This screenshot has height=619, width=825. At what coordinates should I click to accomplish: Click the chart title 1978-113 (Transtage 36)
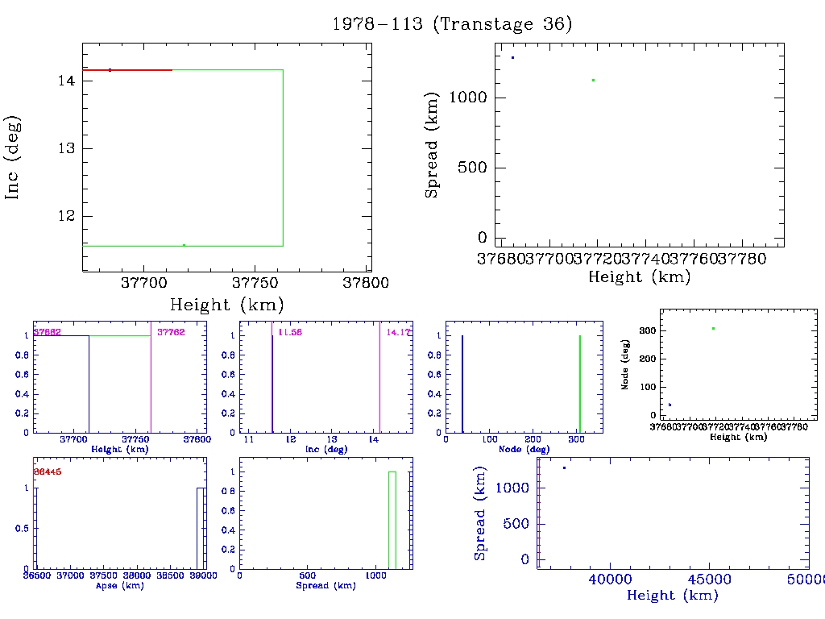click(452, 24)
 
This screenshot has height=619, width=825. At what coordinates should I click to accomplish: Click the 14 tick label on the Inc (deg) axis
click(66, 81)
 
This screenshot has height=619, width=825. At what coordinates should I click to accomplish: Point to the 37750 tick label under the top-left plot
click(255, 284)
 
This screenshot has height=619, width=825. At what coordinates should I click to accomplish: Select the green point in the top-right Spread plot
click(593, 80)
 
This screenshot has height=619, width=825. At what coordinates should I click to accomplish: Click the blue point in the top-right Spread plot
click(512, 57)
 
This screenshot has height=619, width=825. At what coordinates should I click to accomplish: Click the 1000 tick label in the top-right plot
click(468, 98)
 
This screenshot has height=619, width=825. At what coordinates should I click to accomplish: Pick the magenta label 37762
click(172, 332)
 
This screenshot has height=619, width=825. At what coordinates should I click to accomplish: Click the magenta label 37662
click(47, 332)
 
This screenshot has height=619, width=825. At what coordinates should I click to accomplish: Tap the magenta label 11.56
click(289, 332)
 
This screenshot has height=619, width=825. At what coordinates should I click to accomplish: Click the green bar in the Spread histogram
click(392, 520)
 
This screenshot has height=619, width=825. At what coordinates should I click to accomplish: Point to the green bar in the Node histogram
click(580, 384)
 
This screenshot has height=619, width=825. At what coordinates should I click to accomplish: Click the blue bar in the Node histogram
click(462, 384)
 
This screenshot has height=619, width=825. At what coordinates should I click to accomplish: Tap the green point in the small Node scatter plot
click(713, 328)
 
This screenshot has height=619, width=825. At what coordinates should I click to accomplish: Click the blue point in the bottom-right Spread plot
click(564, 467)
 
